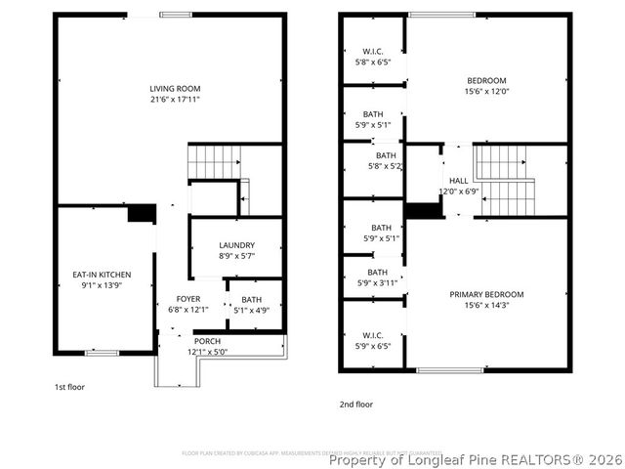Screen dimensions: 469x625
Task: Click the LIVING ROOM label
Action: [x=175, y=89]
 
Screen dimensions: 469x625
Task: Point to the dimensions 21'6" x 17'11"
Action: [x=175, y=100]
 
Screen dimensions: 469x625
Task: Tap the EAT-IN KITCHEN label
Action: [x=103, y=275]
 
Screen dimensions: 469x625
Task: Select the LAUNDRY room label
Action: [x=236, y=245]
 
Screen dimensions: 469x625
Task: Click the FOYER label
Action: [x=187, y=299]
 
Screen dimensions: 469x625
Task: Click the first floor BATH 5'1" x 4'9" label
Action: [x=251, y=300]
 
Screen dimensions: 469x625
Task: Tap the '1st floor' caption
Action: [x=69, y=387]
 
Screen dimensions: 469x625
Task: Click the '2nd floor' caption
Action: [x=356, y=404]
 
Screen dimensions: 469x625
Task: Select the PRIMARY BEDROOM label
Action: [x=486, y=294]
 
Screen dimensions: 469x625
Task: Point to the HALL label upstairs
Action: [x=458, y=181]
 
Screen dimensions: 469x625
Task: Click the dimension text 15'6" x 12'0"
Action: [x=486, y=91]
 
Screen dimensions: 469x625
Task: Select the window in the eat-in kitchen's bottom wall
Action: [x=103, y=352]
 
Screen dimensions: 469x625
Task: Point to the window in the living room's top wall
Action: [x=177, y=14]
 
